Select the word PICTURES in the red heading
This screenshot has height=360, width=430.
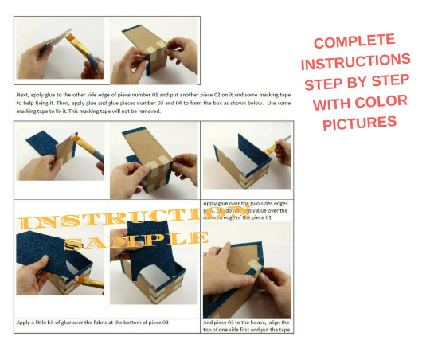click(x=359, y=123)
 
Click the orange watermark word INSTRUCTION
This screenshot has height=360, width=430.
click(x=111, y=220)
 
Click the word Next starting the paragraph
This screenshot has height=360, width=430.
click(x=24, y=94)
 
